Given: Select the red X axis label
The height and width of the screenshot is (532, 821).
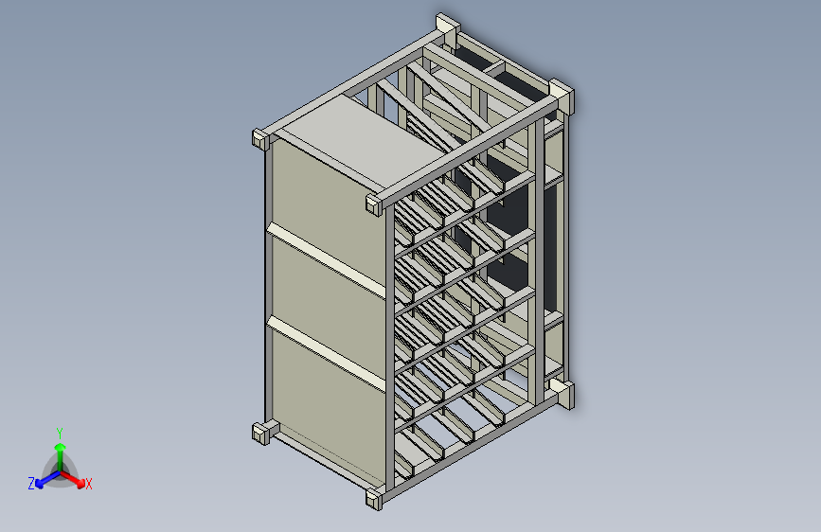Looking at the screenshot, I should tap(89, 484).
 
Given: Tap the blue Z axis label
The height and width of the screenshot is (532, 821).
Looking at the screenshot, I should tap(31, 483).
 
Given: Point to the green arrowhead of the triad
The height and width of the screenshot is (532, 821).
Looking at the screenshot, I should tap(60, 446).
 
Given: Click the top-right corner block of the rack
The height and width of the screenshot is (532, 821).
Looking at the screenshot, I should tap(561, 97).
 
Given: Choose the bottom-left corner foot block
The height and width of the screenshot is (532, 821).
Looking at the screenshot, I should tap(262, 434).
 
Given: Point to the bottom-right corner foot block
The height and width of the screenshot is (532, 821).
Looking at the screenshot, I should tap(564, 394).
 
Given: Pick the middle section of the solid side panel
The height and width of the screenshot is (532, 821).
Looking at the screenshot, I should tap(327, 303).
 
